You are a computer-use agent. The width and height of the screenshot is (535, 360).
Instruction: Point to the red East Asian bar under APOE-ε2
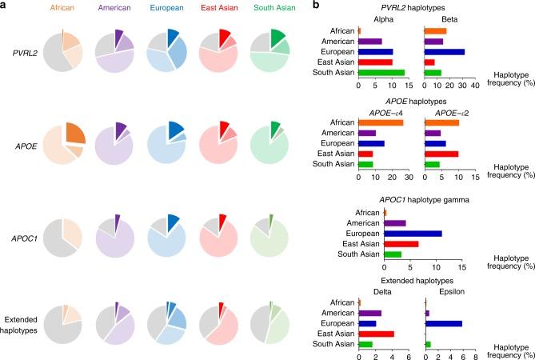click(x=442, y=154)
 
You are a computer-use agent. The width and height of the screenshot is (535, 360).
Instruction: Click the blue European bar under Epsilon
click(x=444, y=323)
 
